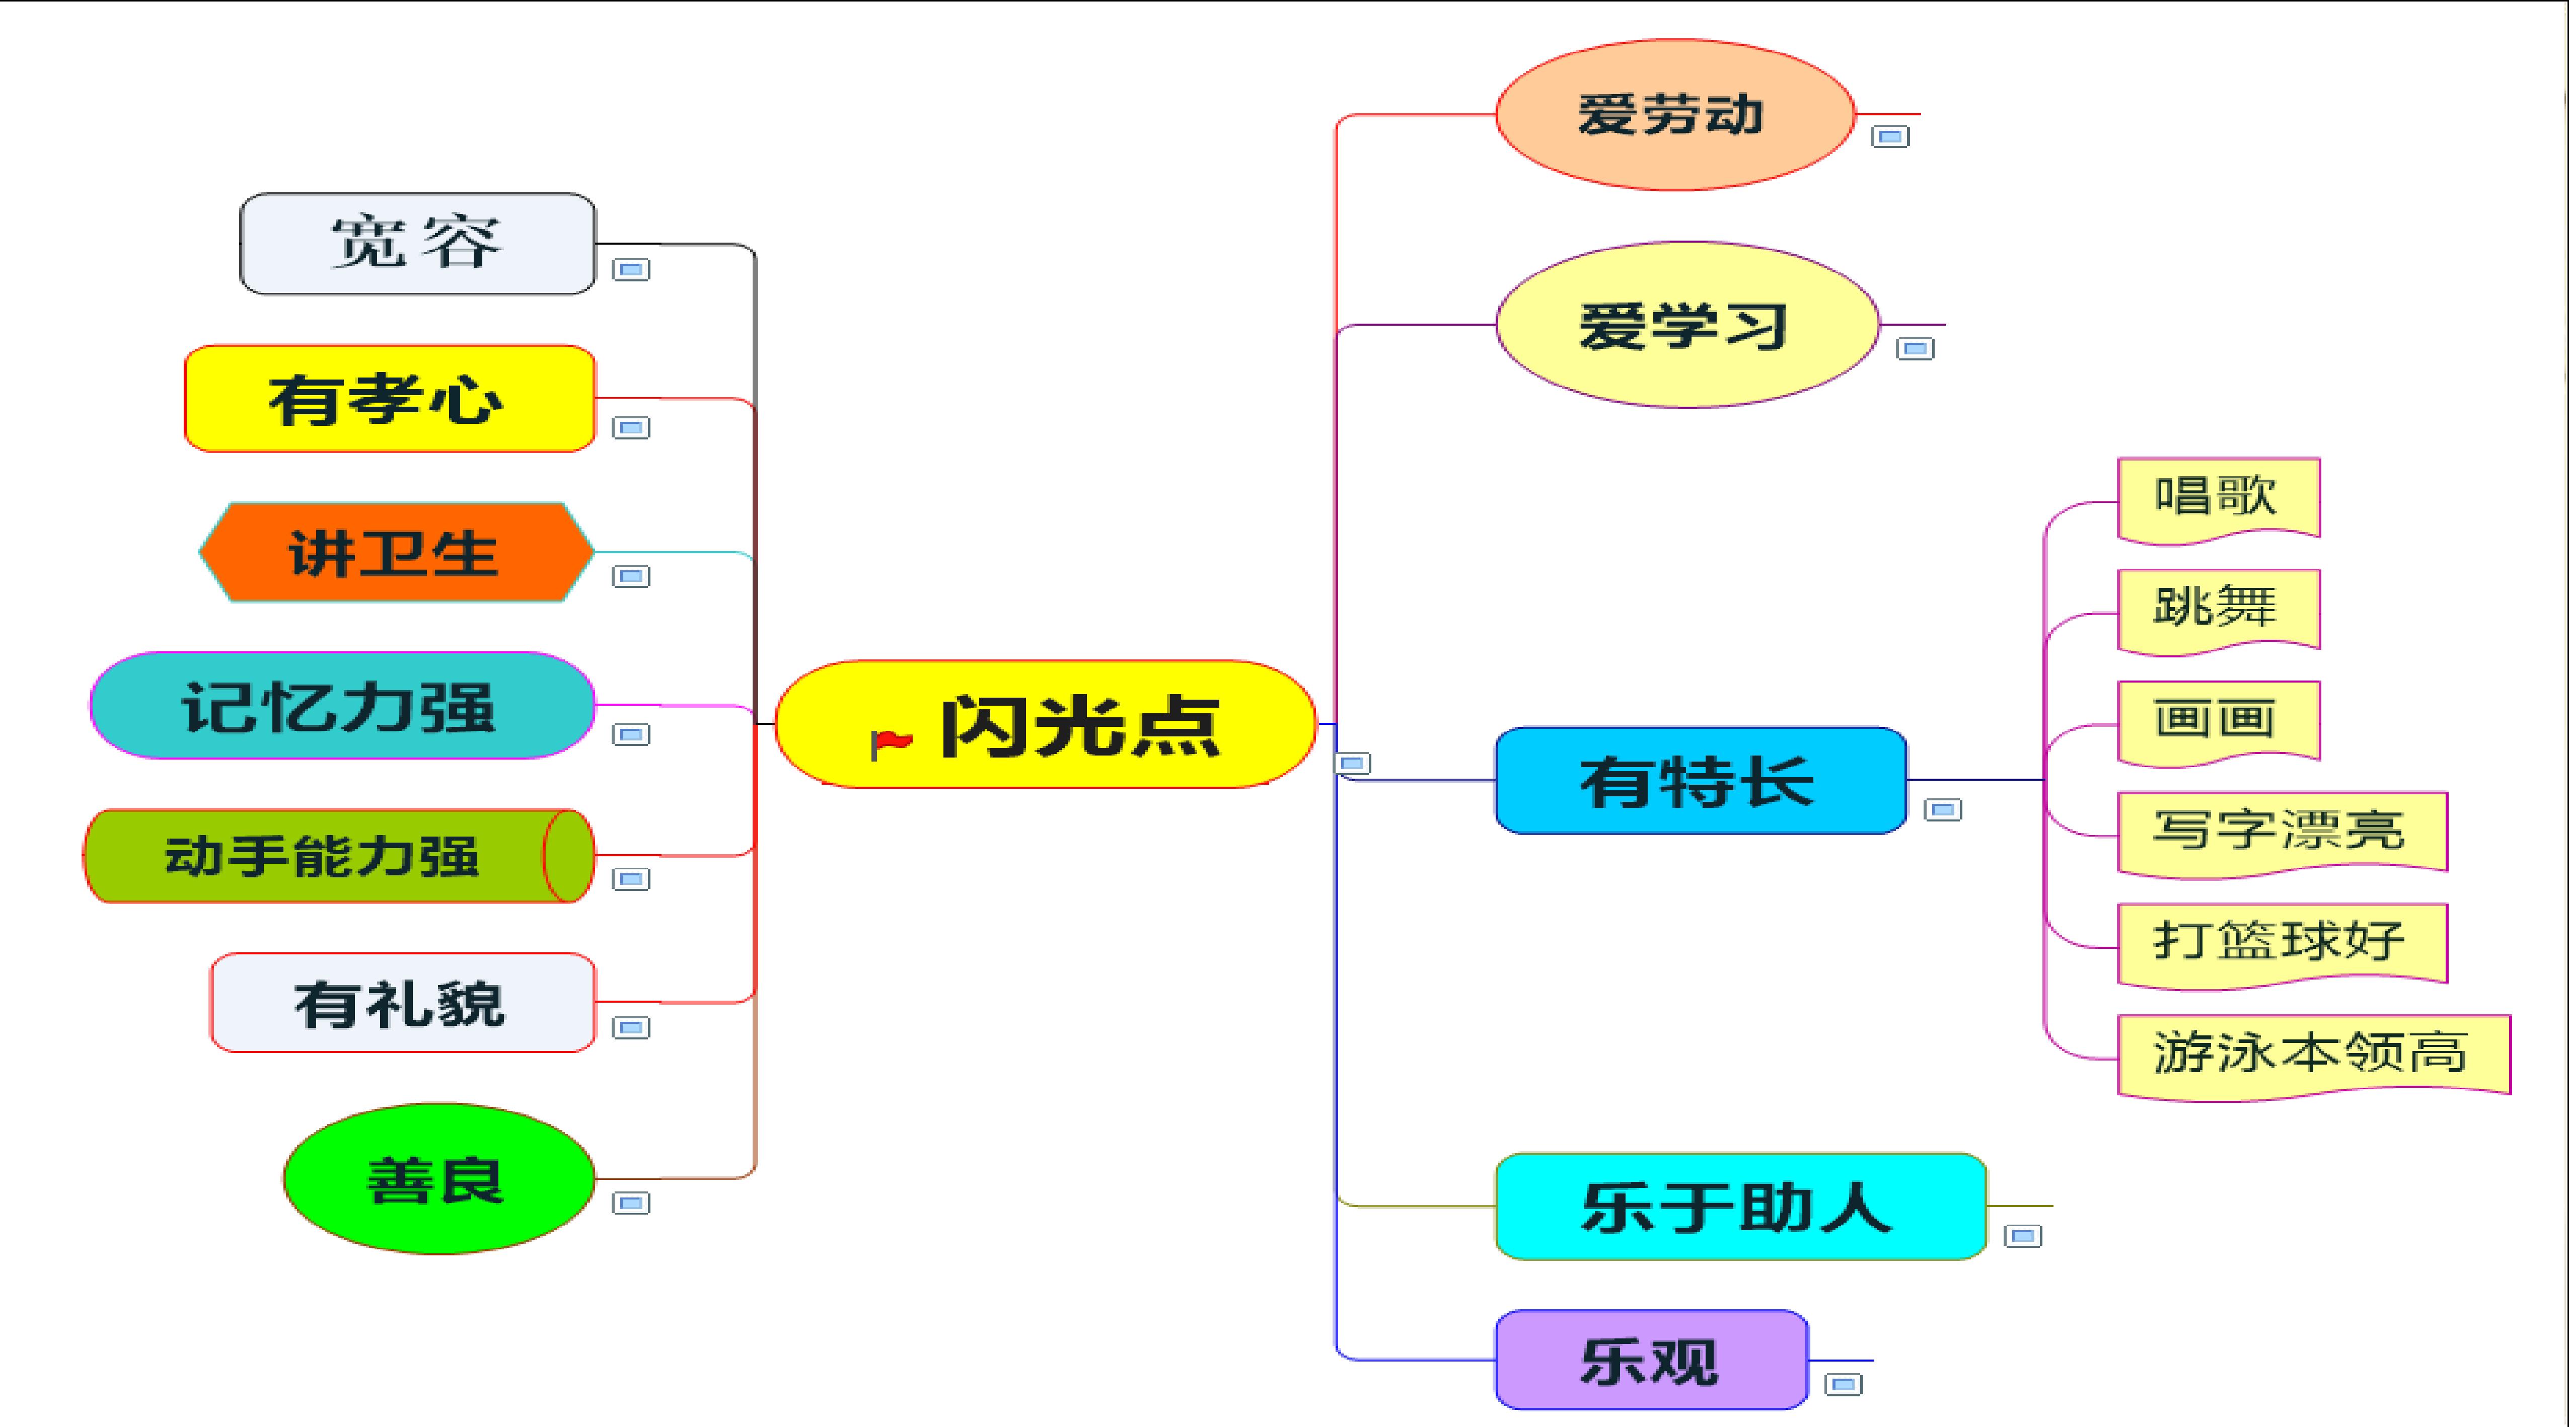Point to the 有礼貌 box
(x=403, y=1002)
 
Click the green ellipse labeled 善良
(x=439, y=1179)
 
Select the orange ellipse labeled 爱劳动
(x=1674, y=115)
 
